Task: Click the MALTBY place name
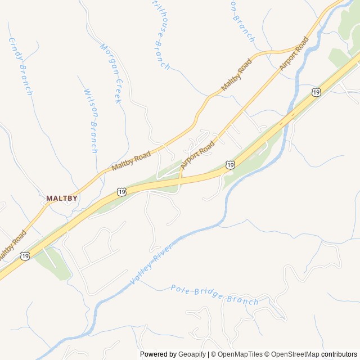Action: pos(62,199)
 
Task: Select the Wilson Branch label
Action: pos(91,120)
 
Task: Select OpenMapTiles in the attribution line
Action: pos(240,354)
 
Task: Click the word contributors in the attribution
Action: pos(339,354)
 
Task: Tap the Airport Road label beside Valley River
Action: pos(294,54)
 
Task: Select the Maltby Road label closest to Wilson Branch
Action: pos(130,160)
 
